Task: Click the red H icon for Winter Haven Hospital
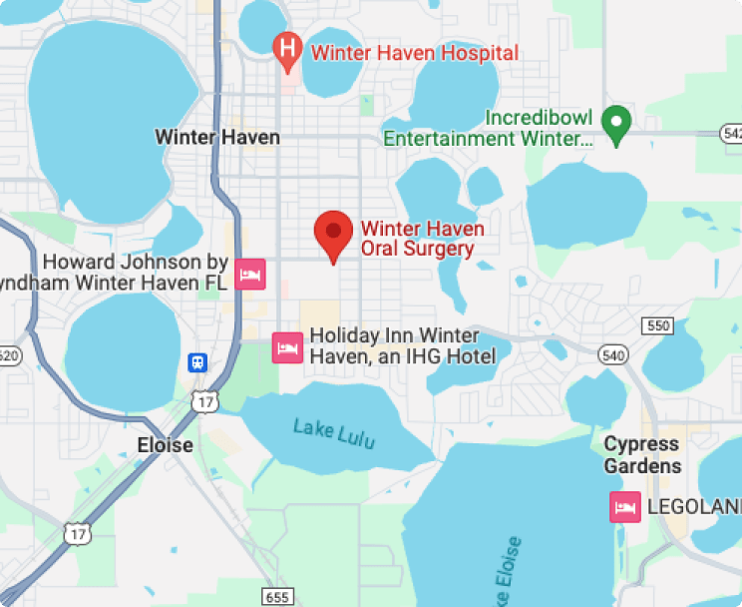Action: coord(287,48)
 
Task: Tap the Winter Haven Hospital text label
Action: coord(415,53)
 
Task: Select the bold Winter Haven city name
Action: coord(217,137)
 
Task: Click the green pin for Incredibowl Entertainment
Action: coord(617,123)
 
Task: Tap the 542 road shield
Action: coord(731,133)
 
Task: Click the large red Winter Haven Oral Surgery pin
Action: coord(333,234)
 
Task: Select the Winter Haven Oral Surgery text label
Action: coord(422,239)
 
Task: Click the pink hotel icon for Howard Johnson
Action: coord(249,273)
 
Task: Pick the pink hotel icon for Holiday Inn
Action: coord(287,347)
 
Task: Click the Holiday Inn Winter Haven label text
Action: coord(402,345)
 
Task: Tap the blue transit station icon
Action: coord(198,362)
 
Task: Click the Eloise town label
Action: coord(165,445)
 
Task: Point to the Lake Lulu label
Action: coord(334,432)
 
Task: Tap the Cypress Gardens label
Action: coord(643,454)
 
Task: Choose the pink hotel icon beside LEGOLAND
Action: coord(625,507)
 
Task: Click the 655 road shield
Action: coord(278,596)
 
